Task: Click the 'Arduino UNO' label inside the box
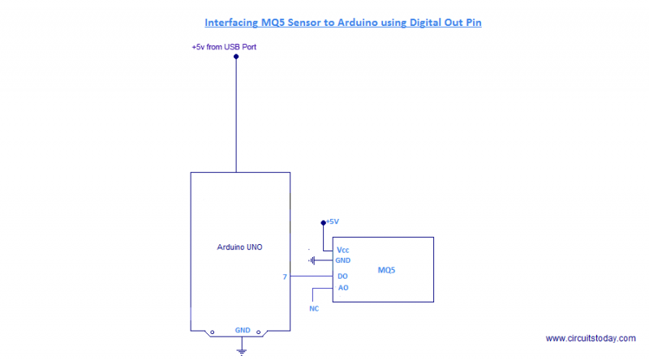tap(239, 246)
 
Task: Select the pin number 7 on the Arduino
tap(285, 276)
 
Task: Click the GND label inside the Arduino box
tap(242, 330)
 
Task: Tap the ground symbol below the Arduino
tap(241, 349)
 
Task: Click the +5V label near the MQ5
tap(332, 221)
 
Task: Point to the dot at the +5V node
tap(323, 221)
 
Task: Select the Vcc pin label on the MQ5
tap(343, 250)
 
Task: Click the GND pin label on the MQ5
tap(343, 260)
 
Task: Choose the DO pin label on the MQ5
tap(342, 276)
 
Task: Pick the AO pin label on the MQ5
tap(342, 288)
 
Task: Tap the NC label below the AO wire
tap(314, 309)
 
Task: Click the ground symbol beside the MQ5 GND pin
tap(312, 260)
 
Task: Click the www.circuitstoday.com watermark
tap(590, 338)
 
